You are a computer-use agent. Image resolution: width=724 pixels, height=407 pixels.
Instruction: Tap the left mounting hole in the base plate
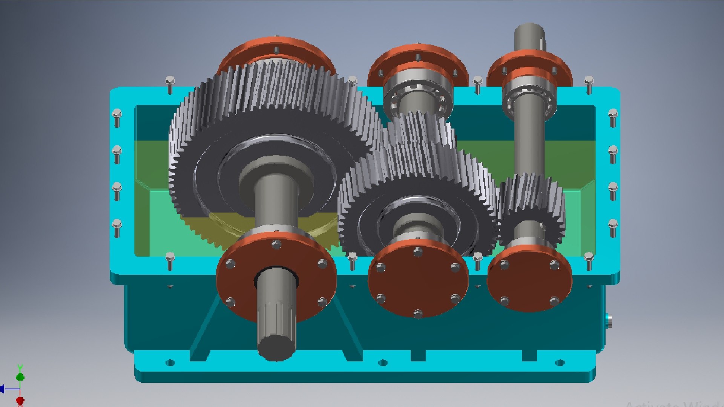point(170,363)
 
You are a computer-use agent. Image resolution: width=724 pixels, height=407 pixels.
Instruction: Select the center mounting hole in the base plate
point(383,363)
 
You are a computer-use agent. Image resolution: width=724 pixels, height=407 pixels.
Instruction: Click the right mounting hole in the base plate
point(560,363)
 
